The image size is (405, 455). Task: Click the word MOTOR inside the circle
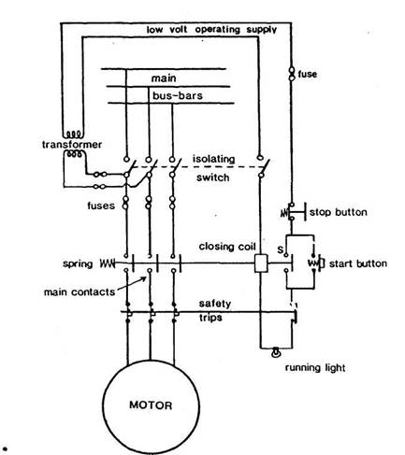(151, 405)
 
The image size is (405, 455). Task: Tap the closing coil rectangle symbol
(261, 263)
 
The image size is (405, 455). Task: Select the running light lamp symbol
(276, 351)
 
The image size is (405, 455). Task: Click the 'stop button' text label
(339, 212)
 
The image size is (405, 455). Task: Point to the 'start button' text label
(358, 263)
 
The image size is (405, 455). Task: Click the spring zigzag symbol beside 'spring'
(108, 263)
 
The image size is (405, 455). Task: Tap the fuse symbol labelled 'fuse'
(292, 74)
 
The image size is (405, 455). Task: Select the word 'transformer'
(72, 145)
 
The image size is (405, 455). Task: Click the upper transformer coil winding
(74, 135)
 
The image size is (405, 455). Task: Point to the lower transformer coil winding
(74, 153)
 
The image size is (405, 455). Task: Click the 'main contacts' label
(80, 292)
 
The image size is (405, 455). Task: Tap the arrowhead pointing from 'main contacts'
(144, 278)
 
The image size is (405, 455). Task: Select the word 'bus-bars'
(178, 95)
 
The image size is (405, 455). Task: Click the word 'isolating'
(213, 159)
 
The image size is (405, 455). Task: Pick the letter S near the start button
(281, 249)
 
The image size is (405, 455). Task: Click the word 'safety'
(215, 304)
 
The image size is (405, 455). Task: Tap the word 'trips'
(210, 318)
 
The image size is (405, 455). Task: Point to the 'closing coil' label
(227, 247)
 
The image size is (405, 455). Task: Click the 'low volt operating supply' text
(211, 30)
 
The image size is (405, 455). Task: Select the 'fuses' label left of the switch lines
(101, 206)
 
